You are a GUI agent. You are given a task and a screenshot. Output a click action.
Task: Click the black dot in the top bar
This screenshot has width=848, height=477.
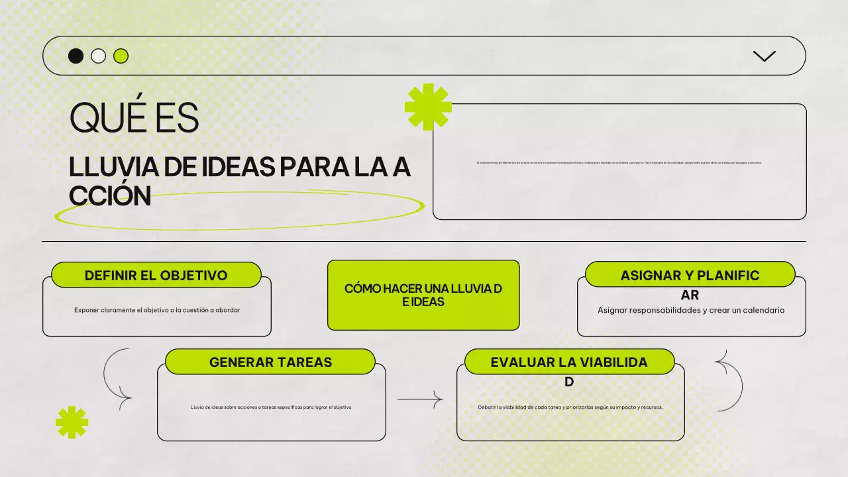click(76, 56)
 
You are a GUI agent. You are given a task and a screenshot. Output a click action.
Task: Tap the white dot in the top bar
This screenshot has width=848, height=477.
click(98, 56)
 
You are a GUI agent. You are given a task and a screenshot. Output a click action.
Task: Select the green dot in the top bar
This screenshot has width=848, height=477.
click(121, 56)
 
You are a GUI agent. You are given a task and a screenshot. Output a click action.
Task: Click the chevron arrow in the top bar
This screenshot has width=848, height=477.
click(765, 56)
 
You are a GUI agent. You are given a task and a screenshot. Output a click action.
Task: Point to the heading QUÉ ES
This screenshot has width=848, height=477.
click(134, 119)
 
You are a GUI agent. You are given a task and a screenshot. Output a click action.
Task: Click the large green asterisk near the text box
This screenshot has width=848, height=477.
click(428, 106)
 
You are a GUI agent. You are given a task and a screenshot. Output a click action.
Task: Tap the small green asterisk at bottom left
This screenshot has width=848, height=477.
click(72, 422)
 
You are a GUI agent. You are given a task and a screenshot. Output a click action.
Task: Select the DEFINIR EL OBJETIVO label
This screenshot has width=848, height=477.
click(156, 275)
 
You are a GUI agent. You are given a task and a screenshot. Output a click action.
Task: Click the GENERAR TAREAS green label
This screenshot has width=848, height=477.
click(270, 362)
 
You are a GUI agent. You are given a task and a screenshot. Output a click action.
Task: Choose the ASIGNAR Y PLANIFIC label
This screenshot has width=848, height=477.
click(690, 275)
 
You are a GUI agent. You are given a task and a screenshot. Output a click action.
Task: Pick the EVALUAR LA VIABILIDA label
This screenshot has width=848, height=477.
click(569, 362)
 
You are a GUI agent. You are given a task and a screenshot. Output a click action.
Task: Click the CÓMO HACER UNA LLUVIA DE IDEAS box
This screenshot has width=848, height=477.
click(423, 295)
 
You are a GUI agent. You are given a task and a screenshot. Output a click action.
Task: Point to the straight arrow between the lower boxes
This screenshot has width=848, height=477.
click(419, 399)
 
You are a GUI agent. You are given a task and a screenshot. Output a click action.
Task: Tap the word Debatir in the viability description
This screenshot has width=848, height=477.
click(486, 407)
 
